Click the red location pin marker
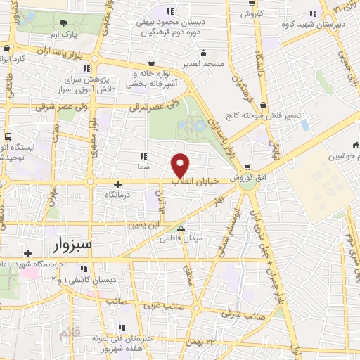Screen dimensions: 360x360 pyautogui.click(x=181, y=164)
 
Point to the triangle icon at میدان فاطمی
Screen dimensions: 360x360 pyautogui.click(x=181, y=228)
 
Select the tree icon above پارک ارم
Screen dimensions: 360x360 pyautogui.click(x=65, y=23)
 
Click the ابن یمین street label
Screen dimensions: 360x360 pyautogui.click(x=139, y=225)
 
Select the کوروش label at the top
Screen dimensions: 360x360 pyautogui.click(x=251, y=14)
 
